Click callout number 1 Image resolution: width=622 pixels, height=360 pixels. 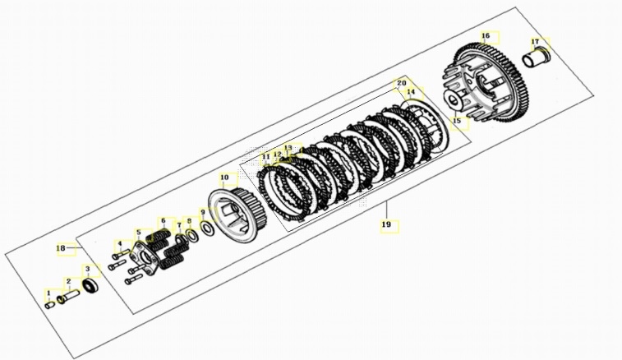pos(48,293)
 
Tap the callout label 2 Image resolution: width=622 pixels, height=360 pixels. pos(69,281)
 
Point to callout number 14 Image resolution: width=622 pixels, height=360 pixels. pos(411,92)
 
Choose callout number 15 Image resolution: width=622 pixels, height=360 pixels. pos(458,121)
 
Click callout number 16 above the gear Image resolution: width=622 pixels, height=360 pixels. pos(486,36)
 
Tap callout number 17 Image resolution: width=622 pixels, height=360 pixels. pos(535,41)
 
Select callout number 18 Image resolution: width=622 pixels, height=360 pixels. pos(60,248)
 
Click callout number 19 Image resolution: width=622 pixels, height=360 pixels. pos(385,224)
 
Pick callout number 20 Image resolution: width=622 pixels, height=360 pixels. pos(402,83)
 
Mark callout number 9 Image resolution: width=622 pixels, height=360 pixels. pos(203,213)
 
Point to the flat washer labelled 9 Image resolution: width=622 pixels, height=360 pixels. pos(209,229)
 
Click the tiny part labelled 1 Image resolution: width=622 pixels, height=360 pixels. pos(49,304)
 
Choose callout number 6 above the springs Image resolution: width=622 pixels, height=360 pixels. pos(163,221)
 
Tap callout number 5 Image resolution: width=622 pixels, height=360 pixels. pos(139,232)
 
